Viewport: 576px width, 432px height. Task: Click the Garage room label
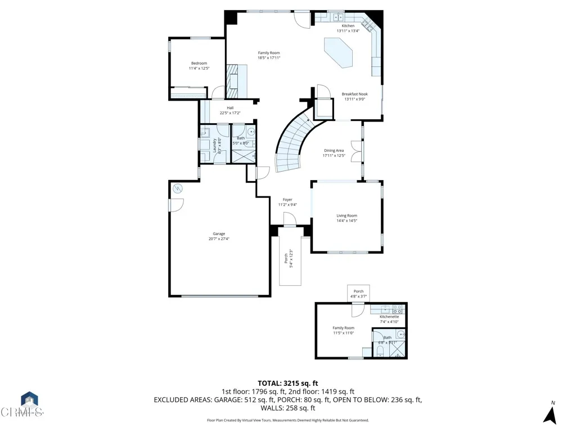219,233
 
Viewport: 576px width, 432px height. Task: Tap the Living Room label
346,215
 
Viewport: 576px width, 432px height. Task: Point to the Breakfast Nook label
354,94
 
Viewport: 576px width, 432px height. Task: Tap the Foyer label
287,200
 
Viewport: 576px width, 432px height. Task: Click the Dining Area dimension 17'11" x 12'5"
334,155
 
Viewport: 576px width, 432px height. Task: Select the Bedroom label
199,63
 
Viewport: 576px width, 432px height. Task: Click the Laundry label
215,145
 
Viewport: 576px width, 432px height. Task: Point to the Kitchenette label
389,317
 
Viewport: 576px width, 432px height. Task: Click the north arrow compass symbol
550,414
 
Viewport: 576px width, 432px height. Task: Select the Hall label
230,108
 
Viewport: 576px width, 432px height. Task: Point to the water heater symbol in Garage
178,188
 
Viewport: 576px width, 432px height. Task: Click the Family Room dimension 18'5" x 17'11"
269,57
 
